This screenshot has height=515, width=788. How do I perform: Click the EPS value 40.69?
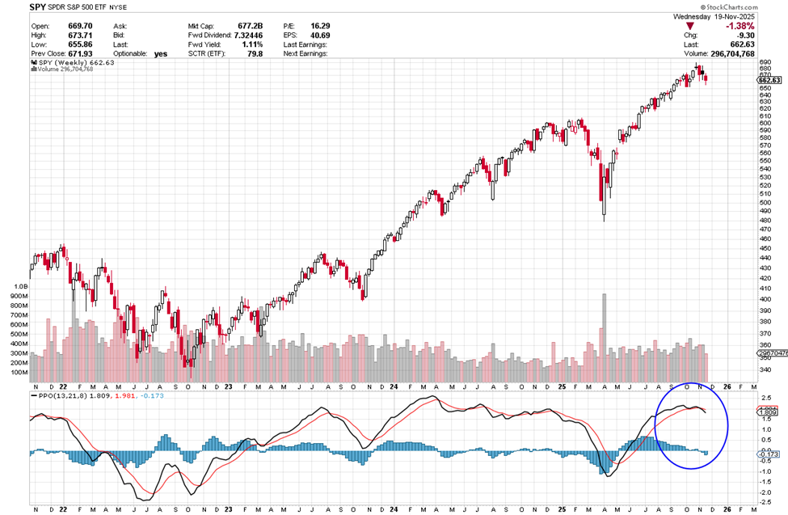point(319,36)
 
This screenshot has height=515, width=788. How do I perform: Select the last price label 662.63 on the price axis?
point(769,81)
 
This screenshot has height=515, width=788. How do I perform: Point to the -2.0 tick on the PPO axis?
point(764,492)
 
